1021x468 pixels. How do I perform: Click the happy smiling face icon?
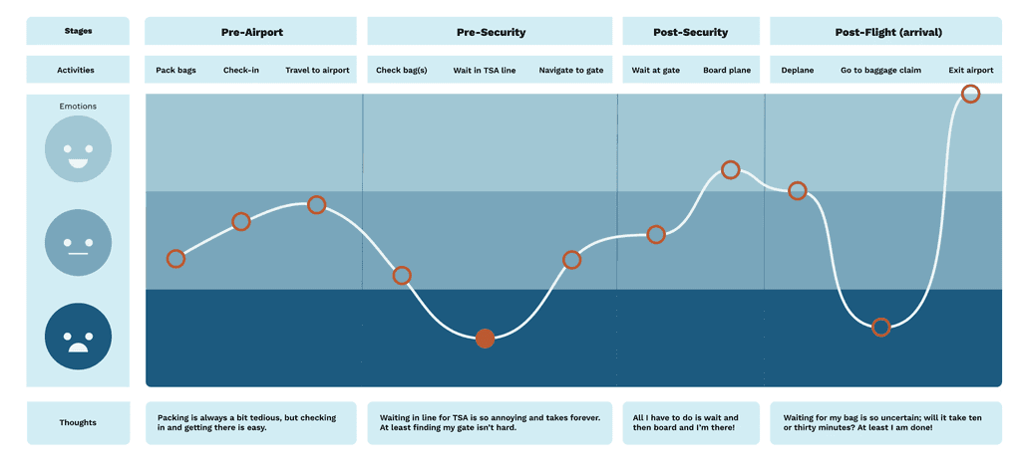click(x=78, y=149)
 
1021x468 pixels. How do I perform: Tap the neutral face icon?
click(x=78, y=242)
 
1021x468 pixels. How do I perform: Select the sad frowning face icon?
click(x=78, y=336)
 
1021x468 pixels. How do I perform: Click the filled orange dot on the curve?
click(x=485, y=339)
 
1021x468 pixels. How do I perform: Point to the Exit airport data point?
click(x=970, y=94)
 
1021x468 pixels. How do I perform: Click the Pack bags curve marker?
click(x=175, y=259)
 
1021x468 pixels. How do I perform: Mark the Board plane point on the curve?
click(x=730, y=170)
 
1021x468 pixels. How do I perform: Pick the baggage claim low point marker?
click(x=880, y=327)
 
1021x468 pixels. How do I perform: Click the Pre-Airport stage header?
click(x=251, y=32)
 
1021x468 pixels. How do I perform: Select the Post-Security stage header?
click(x=690, y=32)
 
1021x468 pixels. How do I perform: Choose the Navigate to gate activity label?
click(x=571, y=71)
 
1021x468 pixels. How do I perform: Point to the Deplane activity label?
click(x=797, y=71)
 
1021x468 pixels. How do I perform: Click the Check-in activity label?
click(x=240, y=71)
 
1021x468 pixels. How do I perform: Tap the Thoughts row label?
click(x=78, y=423)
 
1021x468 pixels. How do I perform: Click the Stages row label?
click(x=78, y=31)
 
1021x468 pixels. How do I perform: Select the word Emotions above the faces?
click(x=78, y=107)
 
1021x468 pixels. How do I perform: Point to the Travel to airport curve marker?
click(x=316, y=205)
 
